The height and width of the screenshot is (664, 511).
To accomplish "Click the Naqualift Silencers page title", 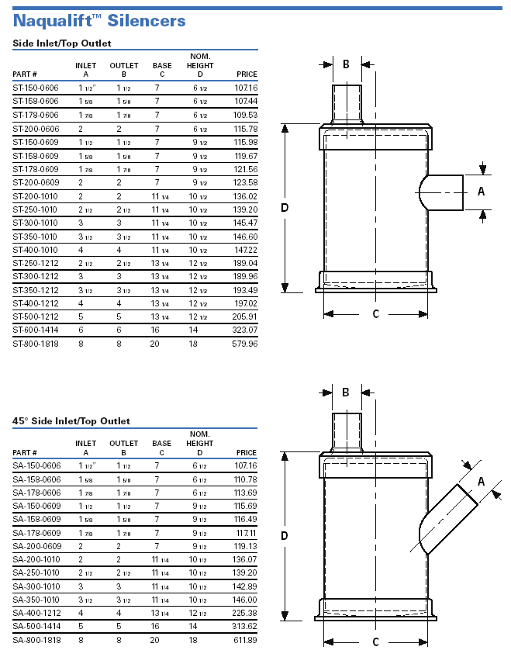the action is coord(99,20).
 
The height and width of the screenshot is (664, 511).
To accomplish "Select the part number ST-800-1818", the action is coord(36,344).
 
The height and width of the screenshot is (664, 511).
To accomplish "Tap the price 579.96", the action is coord(245,344).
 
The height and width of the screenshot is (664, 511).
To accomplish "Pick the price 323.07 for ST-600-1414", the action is coord(245,330).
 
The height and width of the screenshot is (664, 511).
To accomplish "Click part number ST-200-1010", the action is coord(35,196).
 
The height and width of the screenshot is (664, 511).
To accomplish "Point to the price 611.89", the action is coord(245,640).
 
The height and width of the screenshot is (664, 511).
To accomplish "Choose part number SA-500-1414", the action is coord(36,626).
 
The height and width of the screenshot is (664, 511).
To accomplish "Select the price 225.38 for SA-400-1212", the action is coord(245,613).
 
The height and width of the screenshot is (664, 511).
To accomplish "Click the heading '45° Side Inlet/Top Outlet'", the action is coord(71,421).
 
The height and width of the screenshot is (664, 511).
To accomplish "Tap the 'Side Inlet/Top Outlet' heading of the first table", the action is coord(62,43).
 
